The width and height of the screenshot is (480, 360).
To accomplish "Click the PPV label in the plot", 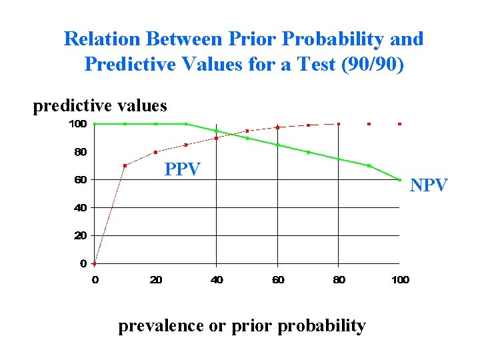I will pos(182,169).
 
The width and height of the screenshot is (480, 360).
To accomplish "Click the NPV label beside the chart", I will pos(429,185).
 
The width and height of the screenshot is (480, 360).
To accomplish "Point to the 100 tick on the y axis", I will pos(78,124).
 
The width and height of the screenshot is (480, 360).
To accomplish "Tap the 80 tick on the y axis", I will pos(80,152).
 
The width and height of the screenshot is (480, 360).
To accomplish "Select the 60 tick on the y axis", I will pos(80,180).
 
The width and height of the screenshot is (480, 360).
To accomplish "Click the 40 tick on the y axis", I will pos(80,208).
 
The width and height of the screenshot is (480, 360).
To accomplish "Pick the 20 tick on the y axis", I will pos(80,235).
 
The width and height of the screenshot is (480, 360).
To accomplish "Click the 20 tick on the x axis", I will pos(155,280).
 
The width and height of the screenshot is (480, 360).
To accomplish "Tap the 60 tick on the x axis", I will pos(278,280).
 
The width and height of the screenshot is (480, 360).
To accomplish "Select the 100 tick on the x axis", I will pos(400,280).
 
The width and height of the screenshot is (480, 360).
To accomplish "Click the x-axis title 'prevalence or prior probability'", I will pos(242,325).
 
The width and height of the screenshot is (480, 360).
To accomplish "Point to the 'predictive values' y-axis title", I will pos(100,106).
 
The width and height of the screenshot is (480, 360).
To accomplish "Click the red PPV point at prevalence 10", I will pos(125,165).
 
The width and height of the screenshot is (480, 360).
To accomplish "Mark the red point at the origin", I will pos(95,263).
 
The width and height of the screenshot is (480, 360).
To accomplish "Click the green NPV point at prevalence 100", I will pos(399,179).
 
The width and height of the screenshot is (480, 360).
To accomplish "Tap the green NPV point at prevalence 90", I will pos(369,165).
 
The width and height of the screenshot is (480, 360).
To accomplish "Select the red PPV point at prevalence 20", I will pos(155,152).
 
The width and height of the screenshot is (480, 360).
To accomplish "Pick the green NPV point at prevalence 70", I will pos(308,152).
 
